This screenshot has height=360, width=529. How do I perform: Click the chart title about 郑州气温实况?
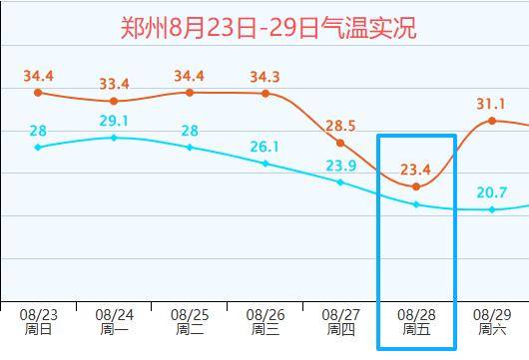[x=268, y=28]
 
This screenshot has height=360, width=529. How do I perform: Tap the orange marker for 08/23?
[x=38, y=93]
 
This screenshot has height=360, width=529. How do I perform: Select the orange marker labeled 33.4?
[x=114, y=101]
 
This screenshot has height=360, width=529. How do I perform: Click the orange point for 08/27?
[x=340, y=144]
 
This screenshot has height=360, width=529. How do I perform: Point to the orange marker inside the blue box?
[x=416, y=186]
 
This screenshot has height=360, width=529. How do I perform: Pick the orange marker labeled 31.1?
[x=492, y=121]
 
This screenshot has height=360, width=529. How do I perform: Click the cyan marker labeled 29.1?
[x=114, y=138]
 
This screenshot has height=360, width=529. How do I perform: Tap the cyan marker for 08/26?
[x=265, y=164]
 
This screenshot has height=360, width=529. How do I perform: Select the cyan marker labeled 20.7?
[x=492, y=209]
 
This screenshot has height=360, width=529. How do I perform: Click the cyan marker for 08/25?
[x=190, y=148]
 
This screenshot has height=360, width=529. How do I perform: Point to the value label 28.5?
[x=340, y=126]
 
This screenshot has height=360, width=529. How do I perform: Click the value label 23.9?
[x=341, y=166]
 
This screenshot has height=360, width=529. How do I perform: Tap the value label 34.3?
[x=264, y=77]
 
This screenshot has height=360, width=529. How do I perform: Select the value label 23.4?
[x=415, y=170]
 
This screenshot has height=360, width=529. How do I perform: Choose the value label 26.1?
[x=264, y=147]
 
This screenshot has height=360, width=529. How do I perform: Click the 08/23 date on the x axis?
[x=39, y=315]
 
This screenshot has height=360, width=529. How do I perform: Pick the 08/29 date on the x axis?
[x=492, y=315]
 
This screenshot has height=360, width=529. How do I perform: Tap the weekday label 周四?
[x=340, y=329]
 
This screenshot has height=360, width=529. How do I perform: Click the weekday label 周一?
[x=114, y=329]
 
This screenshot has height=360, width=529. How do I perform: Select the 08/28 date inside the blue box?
[x=416, y=315]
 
